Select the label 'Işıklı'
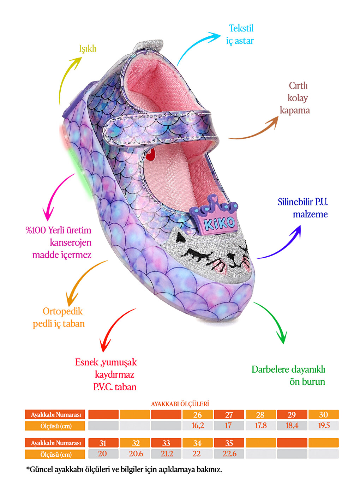88,49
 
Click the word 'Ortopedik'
62,312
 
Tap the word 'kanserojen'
70,242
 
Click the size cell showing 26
197,415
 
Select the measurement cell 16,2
197,426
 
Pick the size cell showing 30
324,415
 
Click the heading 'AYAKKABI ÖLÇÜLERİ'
180,404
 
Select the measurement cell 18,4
292,426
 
